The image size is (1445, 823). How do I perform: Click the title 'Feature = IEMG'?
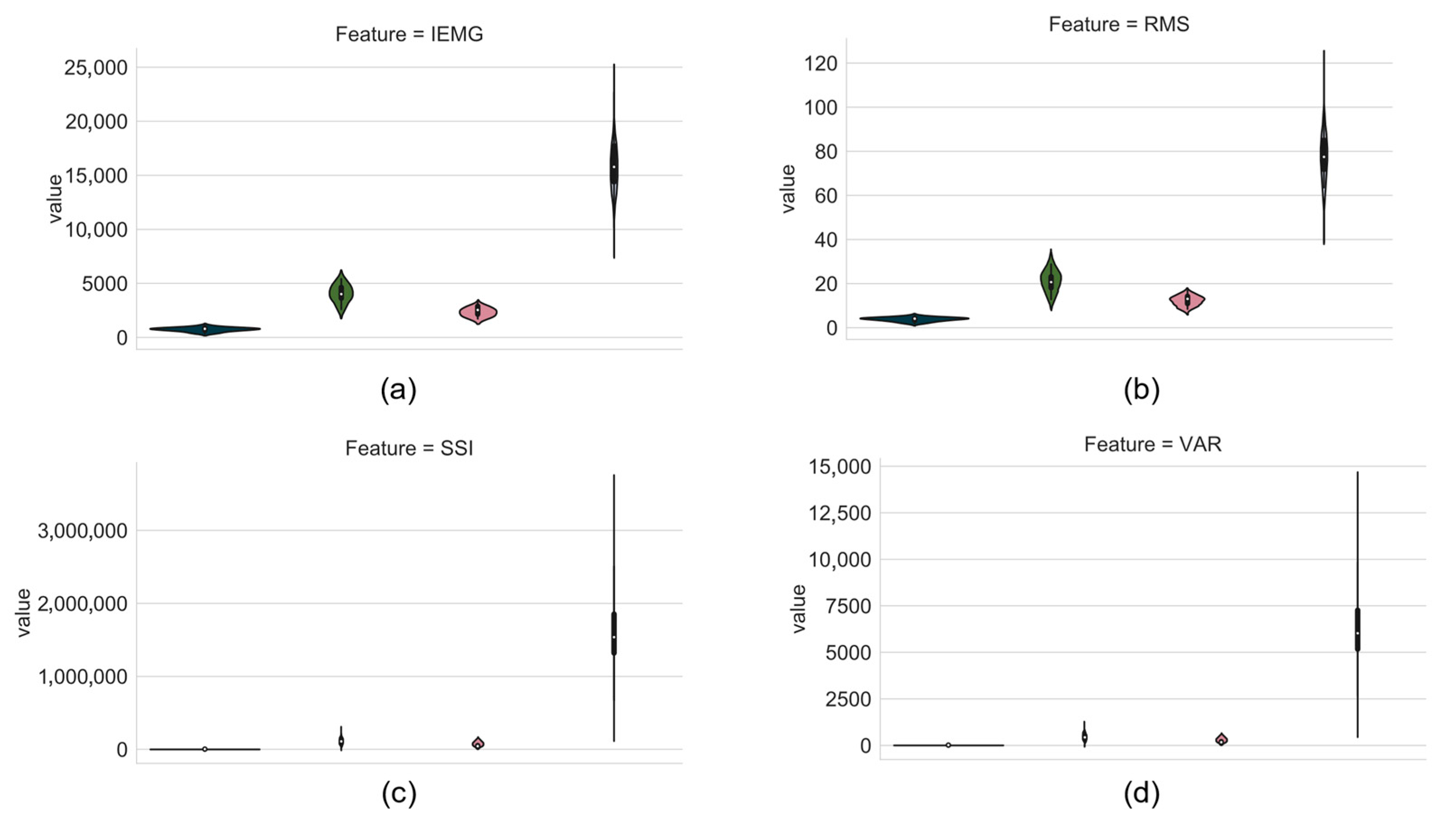(x=409, y=34)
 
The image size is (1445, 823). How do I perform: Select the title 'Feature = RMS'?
(x=1118, y=24)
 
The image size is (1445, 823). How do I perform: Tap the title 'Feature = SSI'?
(x=409, y=448)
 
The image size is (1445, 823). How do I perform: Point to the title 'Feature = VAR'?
(x=1152, y=444)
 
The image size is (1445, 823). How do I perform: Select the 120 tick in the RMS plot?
(x=820, y=63)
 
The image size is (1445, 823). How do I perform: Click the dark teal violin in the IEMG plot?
(x=205, y=329)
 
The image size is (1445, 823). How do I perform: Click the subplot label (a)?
(x=399, y=390)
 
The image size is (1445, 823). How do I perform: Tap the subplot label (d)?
(x=1141, y=794)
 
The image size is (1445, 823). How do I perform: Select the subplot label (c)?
(x=399, y=794)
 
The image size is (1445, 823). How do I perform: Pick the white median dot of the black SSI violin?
(x=614, y=637)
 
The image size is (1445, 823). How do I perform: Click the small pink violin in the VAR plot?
(x=1221, y=739)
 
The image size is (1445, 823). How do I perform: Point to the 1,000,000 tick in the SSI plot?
(x=83, y=677)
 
